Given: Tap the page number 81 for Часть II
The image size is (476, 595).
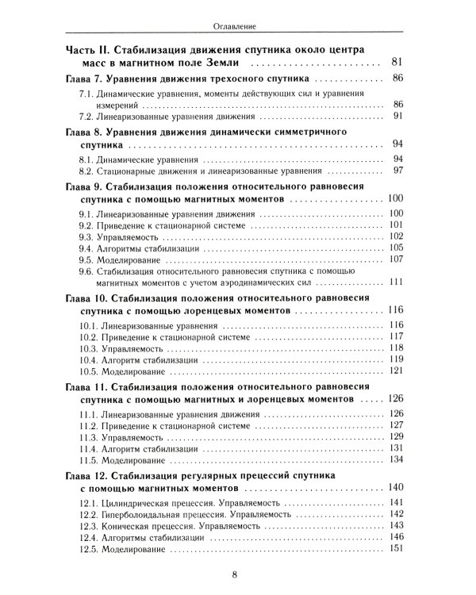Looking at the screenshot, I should pos(397,61).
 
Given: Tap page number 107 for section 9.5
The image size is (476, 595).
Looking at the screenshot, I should pos(397,259).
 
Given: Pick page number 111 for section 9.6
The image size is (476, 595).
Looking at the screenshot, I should pos(397,282).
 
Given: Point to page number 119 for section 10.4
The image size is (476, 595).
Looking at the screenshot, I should pos(397,359).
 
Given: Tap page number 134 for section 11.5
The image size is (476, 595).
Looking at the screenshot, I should pos(397,459).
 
